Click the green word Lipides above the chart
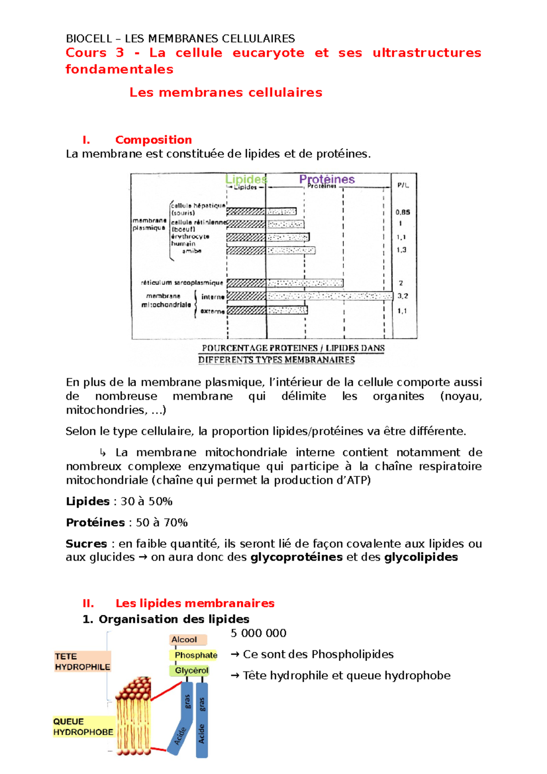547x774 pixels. pyautogui.click(x=246, y=179)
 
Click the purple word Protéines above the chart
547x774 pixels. pyautogui.click(x=327, y=179)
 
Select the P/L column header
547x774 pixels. pyautogui.click(x=403, y=185)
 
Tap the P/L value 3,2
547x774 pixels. pyautogui.click(x=403, y=296)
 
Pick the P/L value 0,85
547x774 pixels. pyautogui.click(x=403, y=212)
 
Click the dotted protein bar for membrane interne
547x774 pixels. pyautogui.click(x=329, y=296)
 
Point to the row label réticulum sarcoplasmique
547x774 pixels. pyautogui.click(x=182, y=283)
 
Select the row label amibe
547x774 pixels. pyautogui.click(x=191, y=251)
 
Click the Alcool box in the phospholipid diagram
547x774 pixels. pyautogui.click(x=187, y=640)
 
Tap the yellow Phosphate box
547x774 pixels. pyautogui.click(x=196, y=655)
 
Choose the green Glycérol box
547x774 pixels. pyautogui.click(x=191, y=671)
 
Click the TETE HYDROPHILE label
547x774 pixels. pyautogui.click(x=83, y=661)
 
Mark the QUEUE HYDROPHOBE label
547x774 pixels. pyautogui.click(x=83, y=727)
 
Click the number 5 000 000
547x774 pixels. pyautogui.click(x=258, y=633)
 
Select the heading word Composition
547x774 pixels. pyautogui.click(x=153, y=139)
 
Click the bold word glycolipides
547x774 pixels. pyautogui.click(x=421, y=557)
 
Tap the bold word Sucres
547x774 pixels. pyautogui.click(x=86, y=544)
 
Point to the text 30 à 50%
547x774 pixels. pyautogui.click(x=146, y=501)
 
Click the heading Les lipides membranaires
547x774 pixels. pyautogui.click(x=195, y=603)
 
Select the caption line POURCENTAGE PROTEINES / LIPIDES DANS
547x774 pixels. pyautogui.click(x=293, y=348)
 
